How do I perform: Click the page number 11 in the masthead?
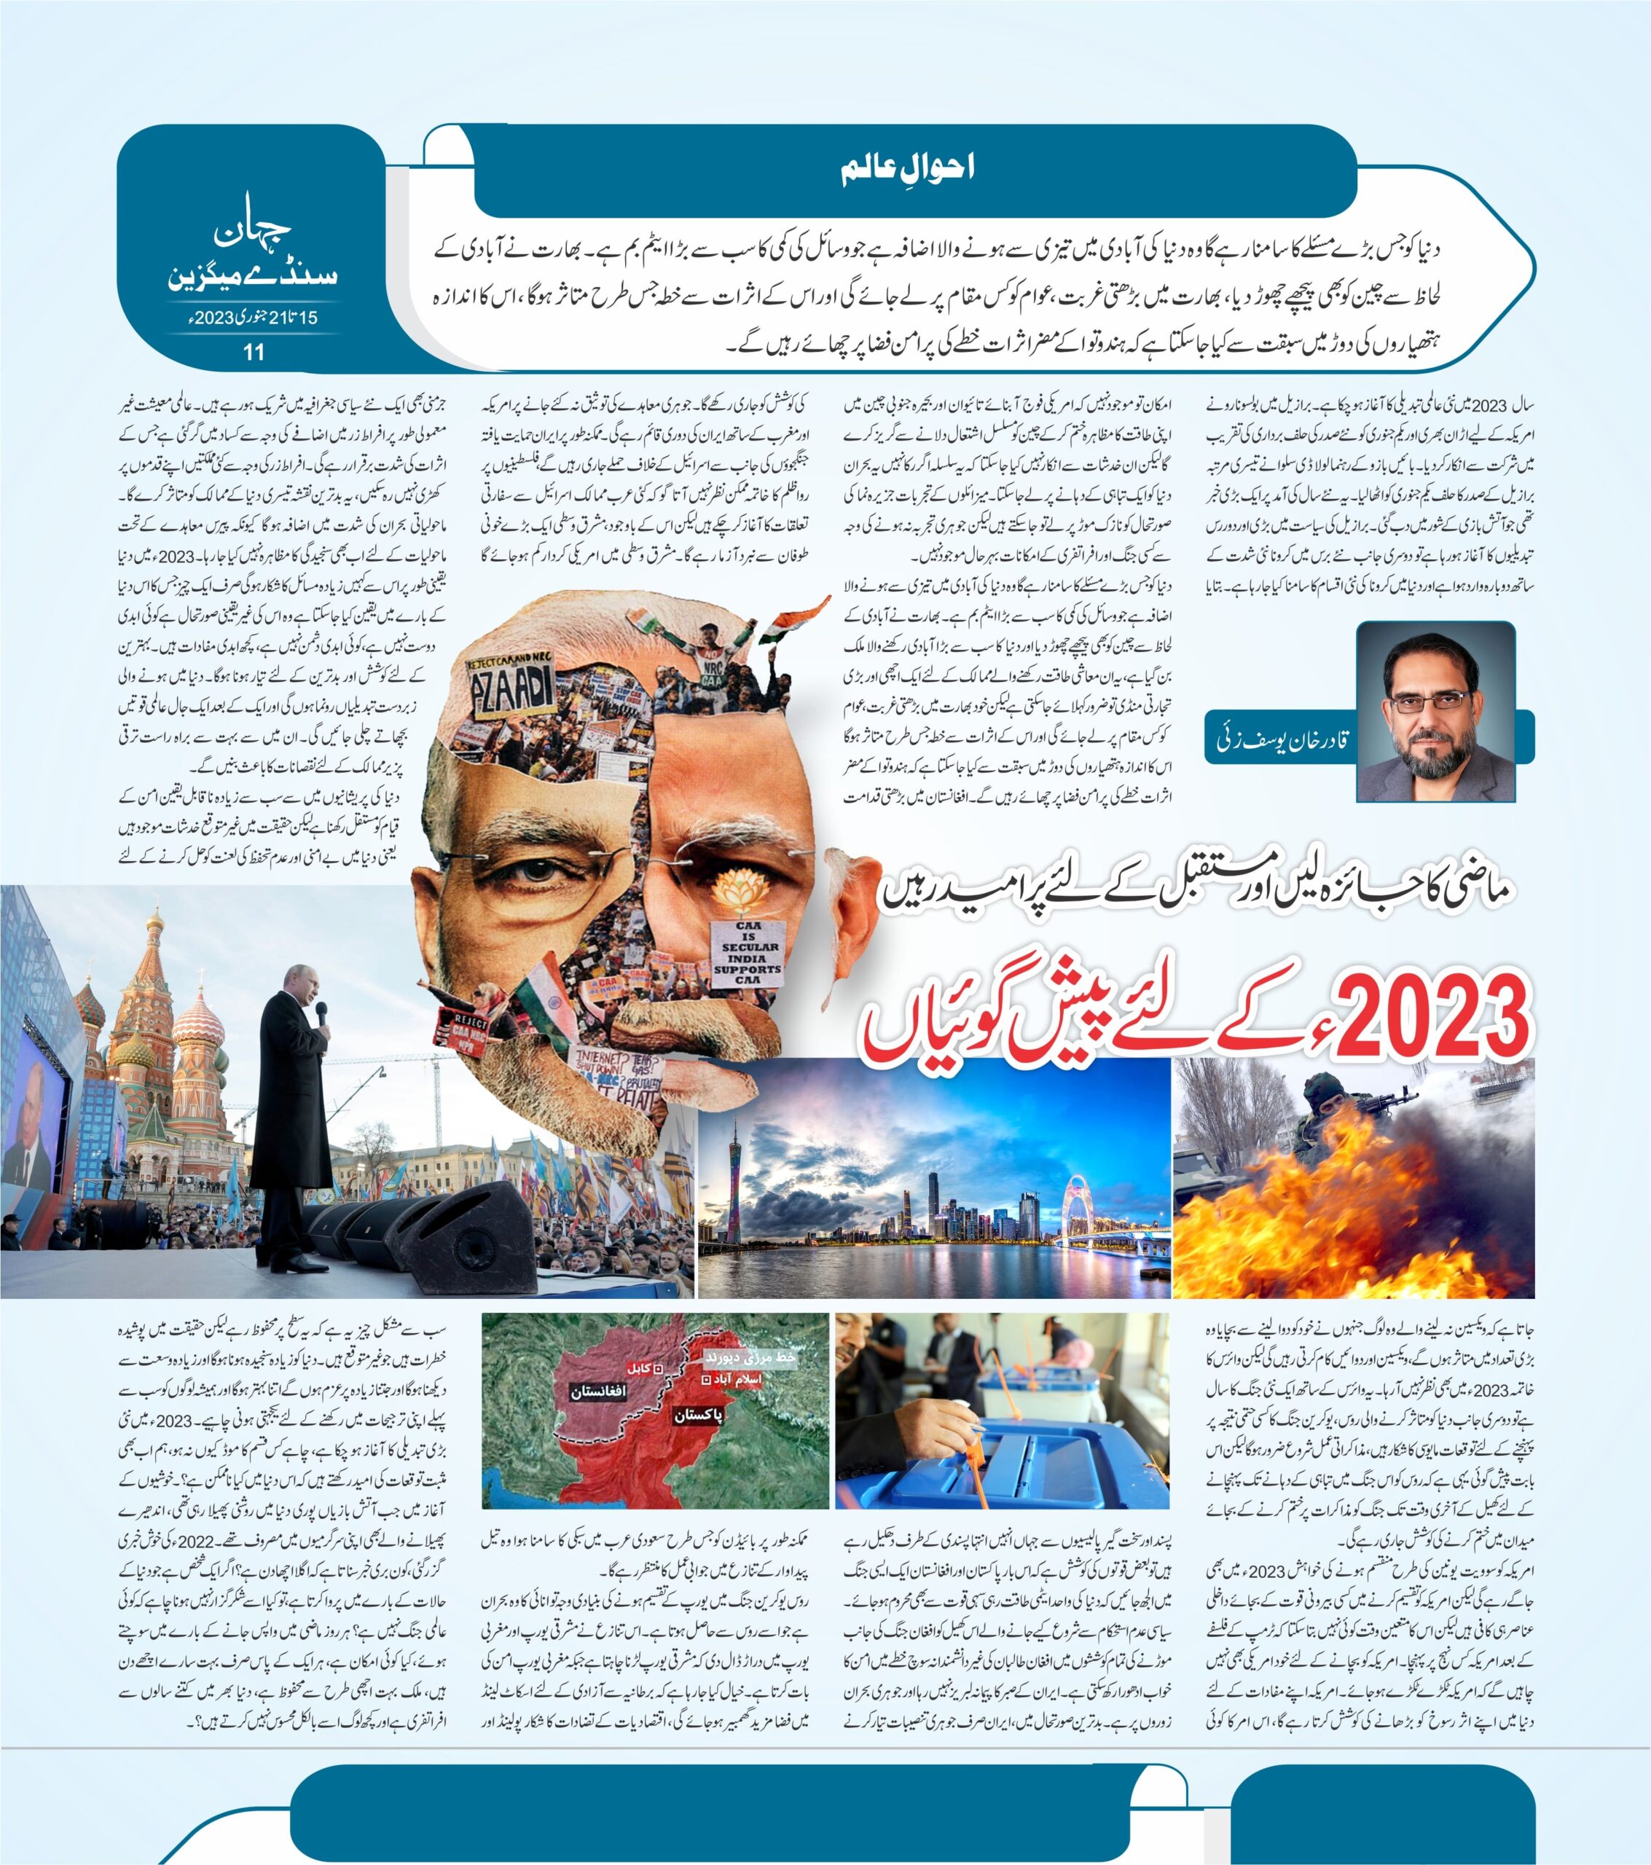[253, 351]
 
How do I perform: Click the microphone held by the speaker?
[321, 1013]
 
